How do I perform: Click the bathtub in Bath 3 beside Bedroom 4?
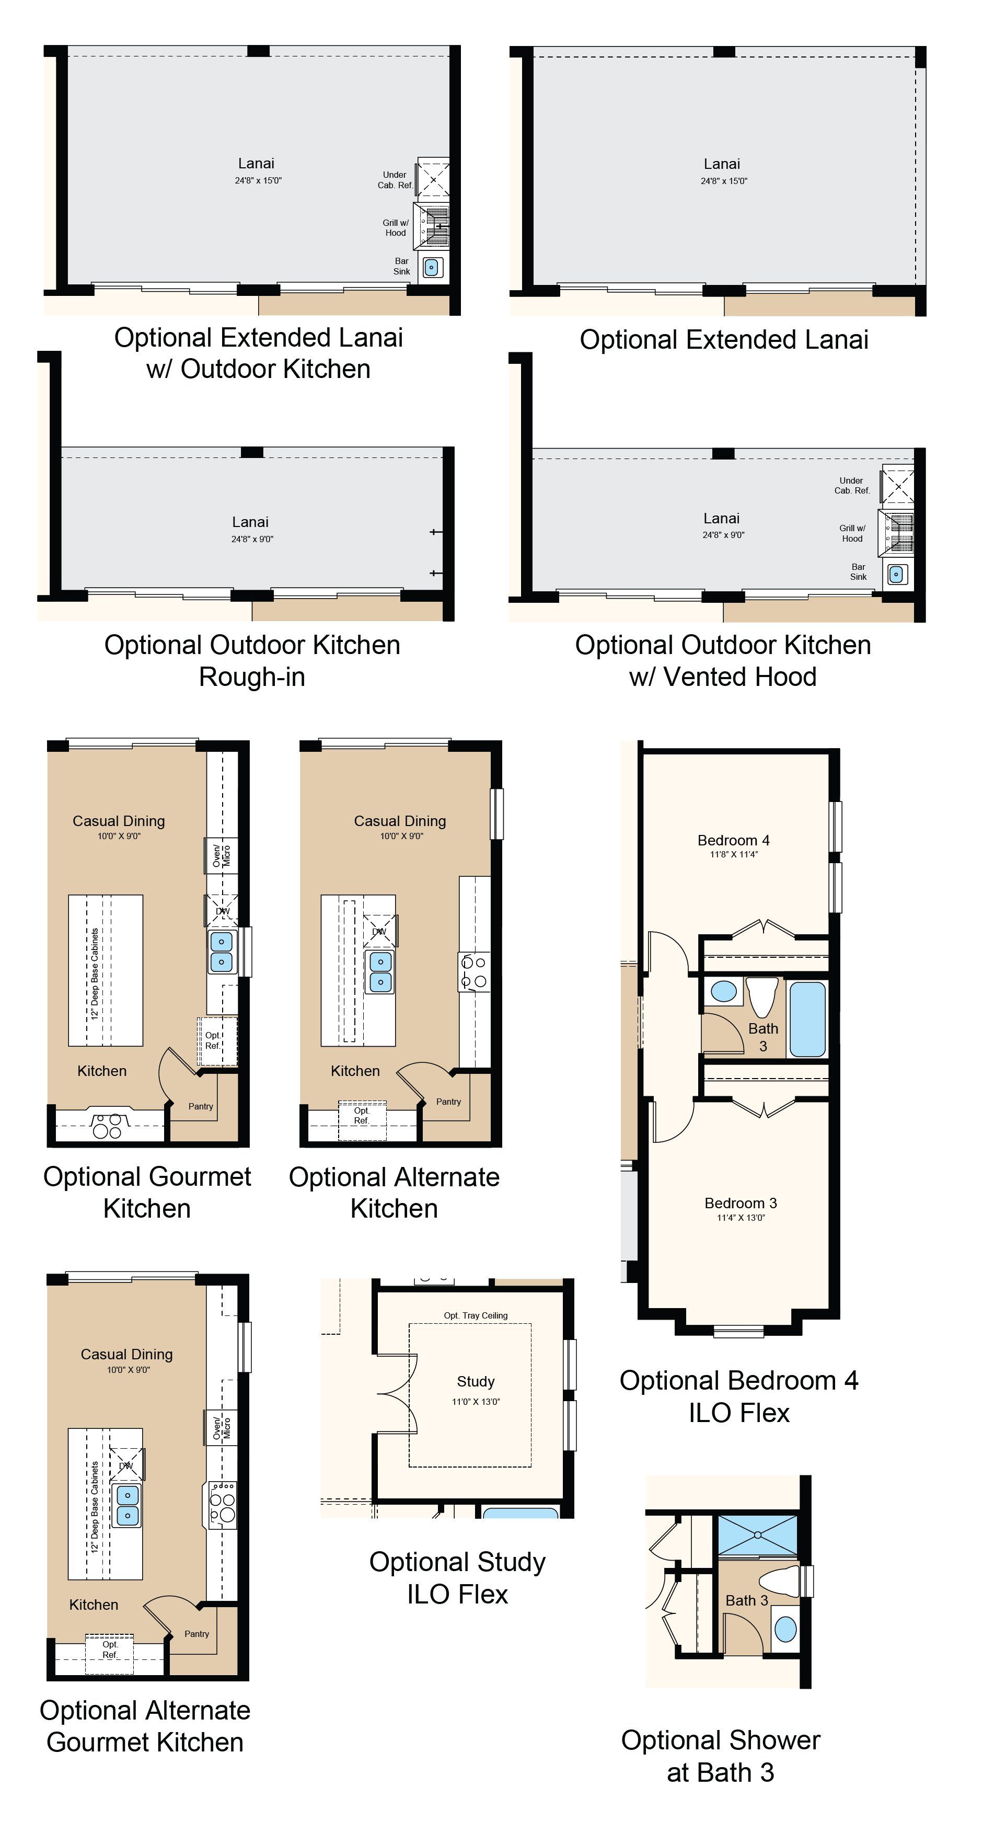tap(807, 1019)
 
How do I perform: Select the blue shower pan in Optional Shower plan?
tap(758, 1536)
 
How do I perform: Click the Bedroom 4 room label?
tap(734, 840)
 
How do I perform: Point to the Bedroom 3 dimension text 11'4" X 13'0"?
tap(741, 1218)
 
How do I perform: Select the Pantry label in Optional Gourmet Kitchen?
tap(201, 1106)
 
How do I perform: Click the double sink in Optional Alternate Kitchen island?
tap(380, 972)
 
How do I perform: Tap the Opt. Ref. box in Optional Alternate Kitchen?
tap(362, 1120)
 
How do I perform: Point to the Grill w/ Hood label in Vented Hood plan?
tap(852, 533)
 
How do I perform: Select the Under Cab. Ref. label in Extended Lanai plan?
tap(395, 180)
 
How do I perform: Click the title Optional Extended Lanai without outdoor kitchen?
tap(724, 339)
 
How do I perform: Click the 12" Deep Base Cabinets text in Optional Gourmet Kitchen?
tap(95, 973)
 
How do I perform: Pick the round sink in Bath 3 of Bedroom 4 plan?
tap(724, 991)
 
